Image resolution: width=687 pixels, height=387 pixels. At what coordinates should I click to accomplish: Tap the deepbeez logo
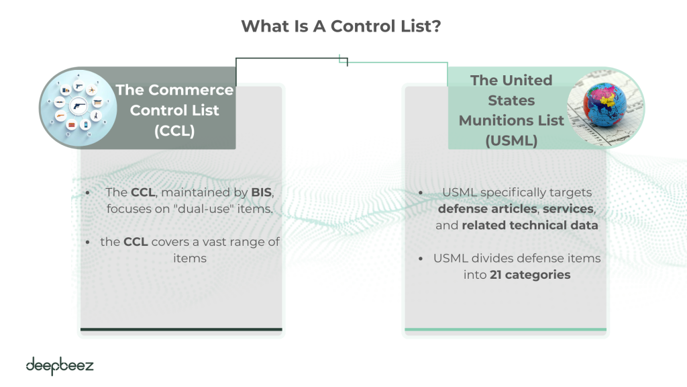coord(60,366)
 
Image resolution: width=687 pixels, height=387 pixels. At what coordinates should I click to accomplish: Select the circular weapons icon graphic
coord(79,107)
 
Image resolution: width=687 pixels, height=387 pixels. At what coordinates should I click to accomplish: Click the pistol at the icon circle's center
coord(79,106)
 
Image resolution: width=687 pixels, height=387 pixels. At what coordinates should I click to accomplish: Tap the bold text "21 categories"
coord(530,274)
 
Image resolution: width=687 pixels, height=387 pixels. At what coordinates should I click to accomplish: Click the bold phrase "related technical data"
coord(530,225)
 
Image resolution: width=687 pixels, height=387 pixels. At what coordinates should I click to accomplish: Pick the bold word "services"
coord(568,209)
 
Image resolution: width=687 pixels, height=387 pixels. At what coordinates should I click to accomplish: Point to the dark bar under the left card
coord(181,329)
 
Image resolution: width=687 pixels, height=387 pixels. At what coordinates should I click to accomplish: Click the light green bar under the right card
coord(505,329)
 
